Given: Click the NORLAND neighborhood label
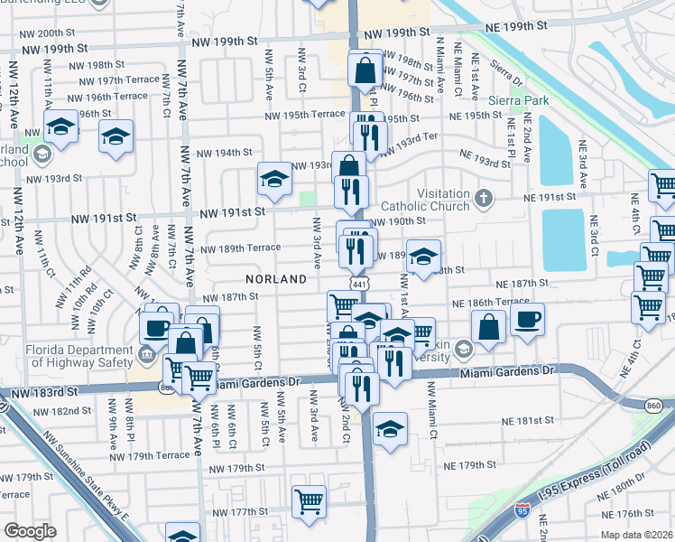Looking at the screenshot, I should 276,280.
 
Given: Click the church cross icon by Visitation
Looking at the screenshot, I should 484,197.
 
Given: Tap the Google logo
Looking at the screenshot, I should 31,530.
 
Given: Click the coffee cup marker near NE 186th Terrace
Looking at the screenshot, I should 528,318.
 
